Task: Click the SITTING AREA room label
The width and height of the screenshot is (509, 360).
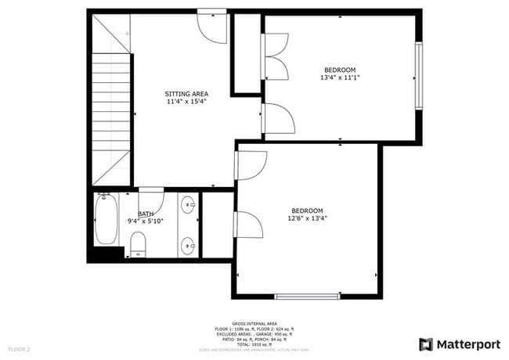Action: point(186,94)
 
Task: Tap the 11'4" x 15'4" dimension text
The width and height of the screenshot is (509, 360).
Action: point(186,102)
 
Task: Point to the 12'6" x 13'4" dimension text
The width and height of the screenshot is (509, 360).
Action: point(308,218)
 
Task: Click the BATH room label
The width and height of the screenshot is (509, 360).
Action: point(146,214)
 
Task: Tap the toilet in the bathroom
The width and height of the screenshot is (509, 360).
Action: point(138,243)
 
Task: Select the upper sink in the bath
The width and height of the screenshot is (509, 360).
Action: point(189,207)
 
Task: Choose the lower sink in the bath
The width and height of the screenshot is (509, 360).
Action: point(189,246)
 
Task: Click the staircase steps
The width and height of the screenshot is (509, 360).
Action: point(111,117)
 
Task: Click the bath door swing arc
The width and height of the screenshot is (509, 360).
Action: point(151,200)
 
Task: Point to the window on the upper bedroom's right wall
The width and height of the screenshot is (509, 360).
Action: point(419,77)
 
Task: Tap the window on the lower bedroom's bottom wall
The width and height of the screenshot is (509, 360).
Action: point(308,296)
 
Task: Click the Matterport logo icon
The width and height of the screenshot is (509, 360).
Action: point(426,344)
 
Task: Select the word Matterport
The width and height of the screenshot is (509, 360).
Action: point(467,344)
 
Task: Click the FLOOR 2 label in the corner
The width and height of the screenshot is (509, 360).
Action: point(20,348)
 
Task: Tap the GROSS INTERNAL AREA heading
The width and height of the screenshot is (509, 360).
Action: point(254,322)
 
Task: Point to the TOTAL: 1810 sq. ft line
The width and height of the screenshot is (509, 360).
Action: point(254,344)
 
